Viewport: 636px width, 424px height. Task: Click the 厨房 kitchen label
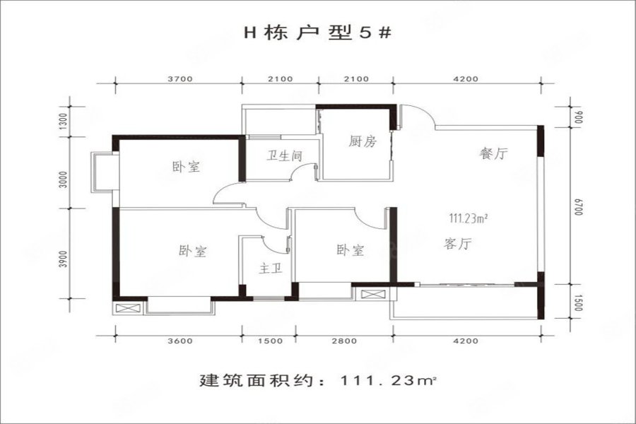(363, 141)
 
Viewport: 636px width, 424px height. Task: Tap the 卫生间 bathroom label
(284, 155)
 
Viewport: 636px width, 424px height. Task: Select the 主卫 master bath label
(271, 269)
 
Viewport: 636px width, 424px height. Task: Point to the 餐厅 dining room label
(493, 153)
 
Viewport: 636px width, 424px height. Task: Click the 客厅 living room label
(458, 244)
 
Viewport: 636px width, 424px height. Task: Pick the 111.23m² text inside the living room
(468, 218)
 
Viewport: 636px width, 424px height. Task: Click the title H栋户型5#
(317, 33)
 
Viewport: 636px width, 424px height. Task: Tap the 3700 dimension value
(180, 79)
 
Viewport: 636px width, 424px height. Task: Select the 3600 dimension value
(180, 341)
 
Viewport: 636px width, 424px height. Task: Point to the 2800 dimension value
(344, 341)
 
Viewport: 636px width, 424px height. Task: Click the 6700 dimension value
(578, 207)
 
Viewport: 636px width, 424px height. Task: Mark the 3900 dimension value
(62, 259)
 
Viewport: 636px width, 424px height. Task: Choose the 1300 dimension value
(62, 121)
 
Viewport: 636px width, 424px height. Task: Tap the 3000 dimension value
(62, 179)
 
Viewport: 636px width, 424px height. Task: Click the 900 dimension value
(578, 117)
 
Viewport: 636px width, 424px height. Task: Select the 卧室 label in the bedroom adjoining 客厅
(351, 250)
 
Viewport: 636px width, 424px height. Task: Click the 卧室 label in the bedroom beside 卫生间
(187, 166)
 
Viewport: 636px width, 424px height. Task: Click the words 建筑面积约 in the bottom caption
(257, 381)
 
